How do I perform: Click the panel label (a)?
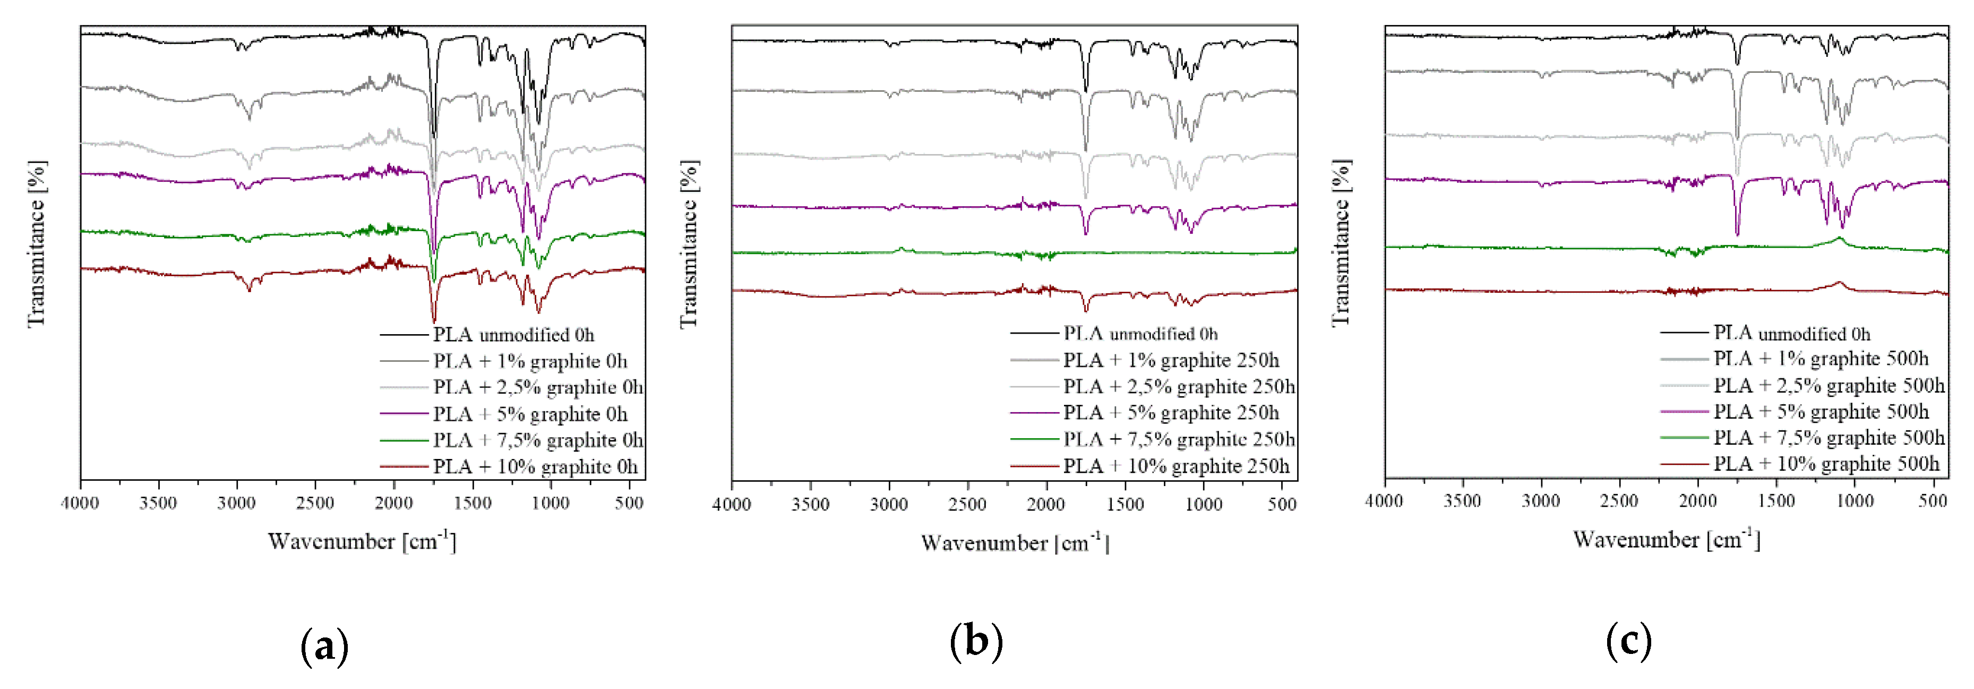click(324, 646)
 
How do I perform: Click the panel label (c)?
click(1628, 641)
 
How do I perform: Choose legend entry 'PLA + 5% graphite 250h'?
click(1170, 413)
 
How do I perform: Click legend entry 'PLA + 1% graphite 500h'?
click(1820, 359)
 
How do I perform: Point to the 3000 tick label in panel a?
click(237, 504)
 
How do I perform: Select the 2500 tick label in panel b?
click(967, 505)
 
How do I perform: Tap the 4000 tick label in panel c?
click(1384, 501)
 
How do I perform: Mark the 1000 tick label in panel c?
click(1855, 501)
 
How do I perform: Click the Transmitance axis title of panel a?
click(37, 244)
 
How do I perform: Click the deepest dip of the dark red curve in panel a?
click(434, 321)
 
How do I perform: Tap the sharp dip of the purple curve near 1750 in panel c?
click(1737, 234)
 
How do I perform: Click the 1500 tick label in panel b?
click(1125, 505)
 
